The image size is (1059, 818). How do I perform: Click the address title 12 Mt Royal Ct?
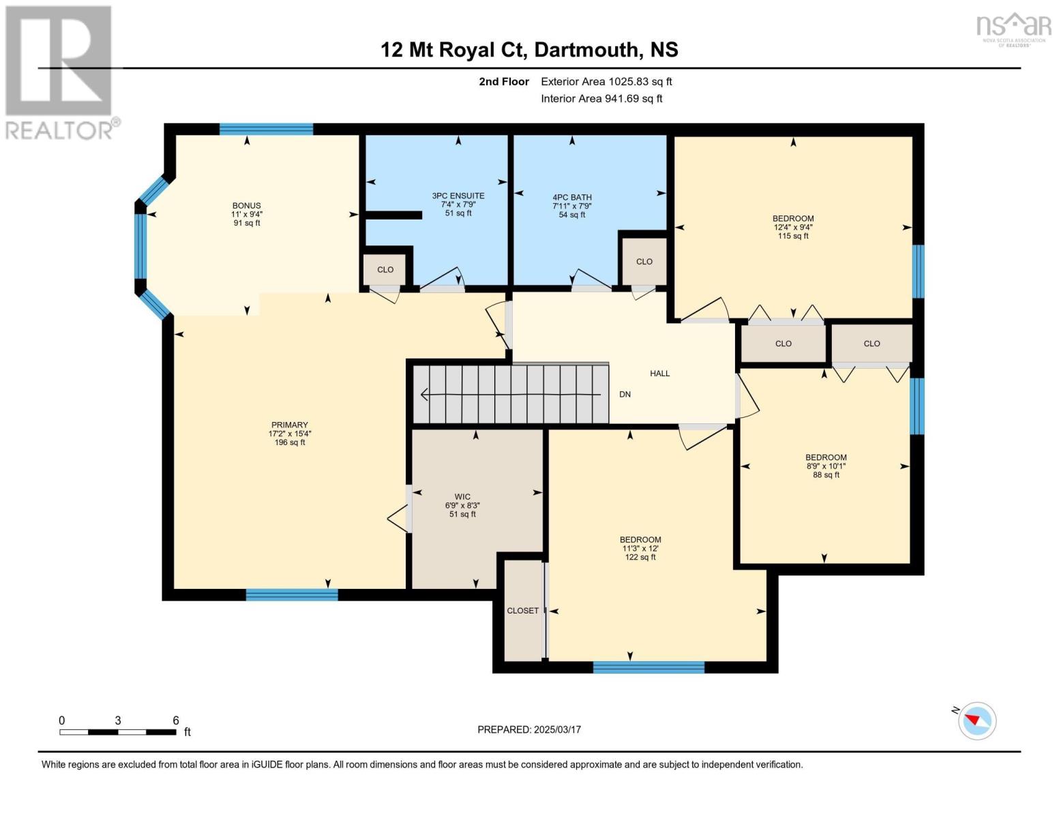pyautogui.click(x=529, y=50)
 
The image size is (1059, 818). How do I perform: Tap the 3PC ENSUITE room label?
pyautogui.click(x=458, y=196)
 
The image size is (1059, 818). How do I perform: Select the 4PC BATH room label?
pyautogui.click(x=572, y=198)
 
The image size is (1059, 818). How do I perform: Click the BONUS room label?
pyautogui.click(x=247, y=205)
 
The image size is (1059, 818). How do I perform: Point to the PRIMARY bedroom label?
pyautogui.click(x=290, y=425)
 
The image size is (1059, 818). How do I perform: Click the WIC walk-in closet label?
pyautogui.click(x=462, y=497)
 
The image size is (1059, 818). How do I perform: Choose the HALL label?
pyautogui.click(x=659, y=374)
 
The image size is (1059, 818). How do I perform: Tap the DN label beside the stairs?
pyautogui.click(x=625, y=395)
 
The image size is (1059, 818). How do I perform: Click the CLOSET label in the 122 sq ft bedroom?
pyautogui.click(x=523, y=611)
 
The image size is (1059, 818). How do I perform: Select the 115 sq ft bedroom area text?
pyautogui.click(x=793, y=236)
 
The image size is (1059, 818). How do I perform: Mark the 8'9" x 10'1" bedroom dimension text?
pyautogui.click(x=826, y=466)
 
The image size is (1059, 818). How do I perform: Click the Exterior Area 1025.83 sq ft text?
pyautogui.click(x=606, y=82)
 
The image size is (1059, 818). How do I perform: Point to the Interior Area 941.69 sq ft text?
pyautogui.click(x=601, y=99)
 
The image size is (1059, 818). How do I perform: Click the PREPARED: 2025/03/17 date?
pyautogui.click(x=529, y=729)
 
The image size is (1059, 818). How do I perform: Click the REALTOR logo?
pyautogui.click(x=60, y=72)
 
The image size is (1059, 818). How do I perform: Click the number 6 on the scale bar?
pyautogui.click(x=176, y=721)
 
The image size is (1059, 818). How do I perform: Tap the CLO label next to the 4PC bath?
pyautogui.click(x=644, y=262)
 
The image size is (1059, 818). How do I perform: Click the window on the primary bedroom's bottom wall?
pyautogui.click(x=292, y=595)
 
